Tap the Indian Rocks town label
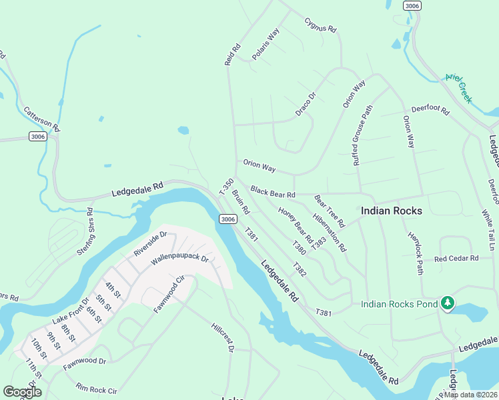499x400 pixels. coord(392,211)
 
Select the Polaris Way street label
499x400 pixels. coord(266,45)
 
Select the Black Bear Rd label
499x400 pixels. coord(273,192)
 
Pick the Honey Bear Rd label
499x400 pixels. coord(296,225)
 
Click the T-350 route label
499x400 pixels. coord(226,187)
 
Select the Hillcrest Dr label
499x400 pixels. coord(223,338)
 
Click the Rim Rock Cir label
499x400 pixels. coord(96,389)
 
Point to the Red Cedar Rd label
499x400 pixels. coord(456,259)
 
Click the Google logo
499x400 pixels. coord(22,392)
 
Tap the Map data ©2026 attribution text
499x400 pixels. coord(471,395)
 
